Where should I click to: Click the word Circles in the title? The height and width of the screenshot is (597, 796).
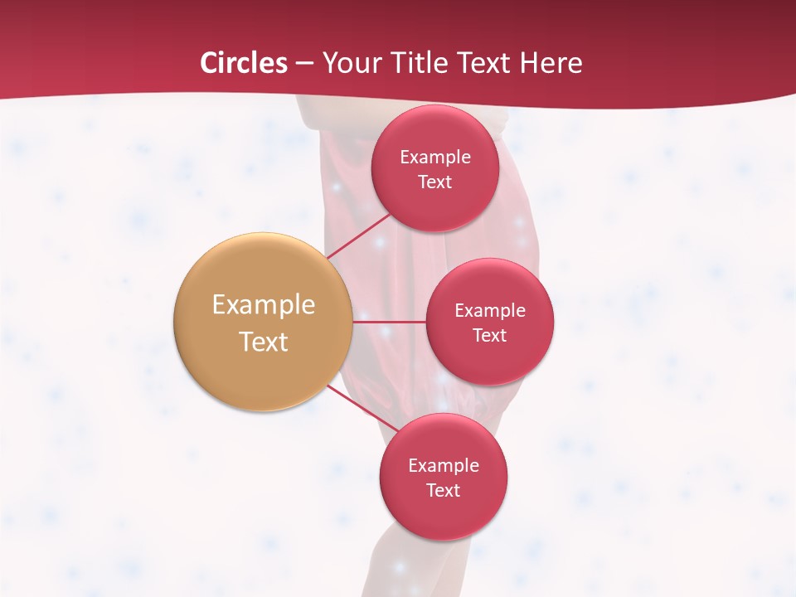[243, 63]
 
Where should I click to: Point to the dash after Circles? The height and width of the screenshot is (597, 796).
[304, 64]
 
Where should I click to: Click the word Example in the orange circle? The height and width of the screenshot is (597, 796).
[264, 305]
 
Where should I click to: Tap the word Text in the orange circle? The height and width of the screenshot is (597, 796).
[264, 342]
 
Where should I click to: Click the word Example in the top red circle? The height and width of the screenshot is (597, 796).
[435, 157]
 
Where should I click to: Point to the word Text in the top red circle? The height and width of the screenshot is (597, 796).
[435, 182]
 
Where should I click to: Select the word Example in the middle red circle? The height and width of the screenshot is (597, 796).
[490, 310]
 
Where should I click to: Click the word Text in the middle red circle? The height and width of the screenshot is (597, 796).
[490, 335]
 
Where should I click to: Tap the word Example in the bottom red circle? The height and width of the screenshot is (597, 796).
[444, 465]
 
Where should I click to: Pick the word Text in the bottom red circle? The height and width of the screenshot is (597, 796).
[444, 490]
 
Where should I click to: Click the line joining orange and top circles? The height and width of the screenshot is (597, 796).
[358, 235]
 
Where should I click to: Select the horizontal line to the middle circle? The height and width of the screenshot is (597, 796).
[390, 321]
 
